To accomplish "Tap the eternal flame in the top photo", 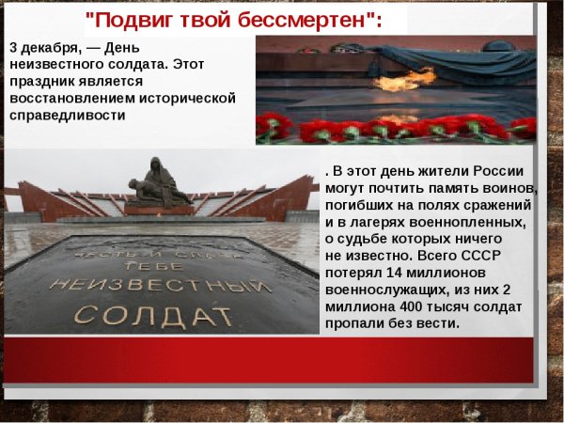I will pos(391,82).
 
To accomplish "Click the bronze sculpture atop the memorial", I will pos(158,183).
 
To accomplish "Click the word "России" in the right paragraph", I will pos(508,172).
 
